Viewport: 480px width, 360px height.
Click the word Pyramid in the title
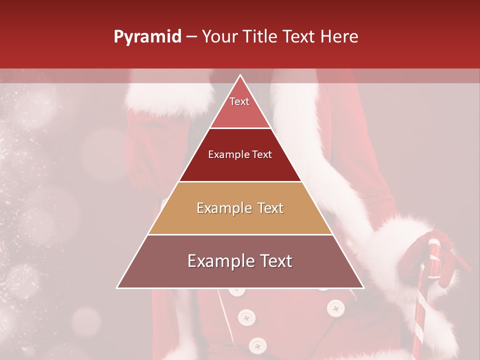coord(147,37)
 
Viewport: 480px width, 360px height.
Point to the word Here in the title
coord(339,37)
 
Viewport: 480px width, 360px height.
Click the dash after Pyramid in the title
coord(191,37)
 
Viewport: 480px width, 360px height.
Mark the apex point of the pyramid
coord(240,75)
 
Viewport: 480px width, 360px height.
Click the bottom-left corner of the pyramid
coord(117,287)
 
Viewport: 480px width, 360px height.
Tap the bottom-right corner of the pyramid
coord(363,287)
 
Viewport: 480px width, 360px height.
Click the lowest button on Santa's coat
coord(257,345)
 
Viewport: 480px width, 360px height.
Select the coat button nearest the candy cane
coord(335,307)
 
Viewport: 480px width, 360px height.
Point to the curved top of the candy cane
coord(433,244)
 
